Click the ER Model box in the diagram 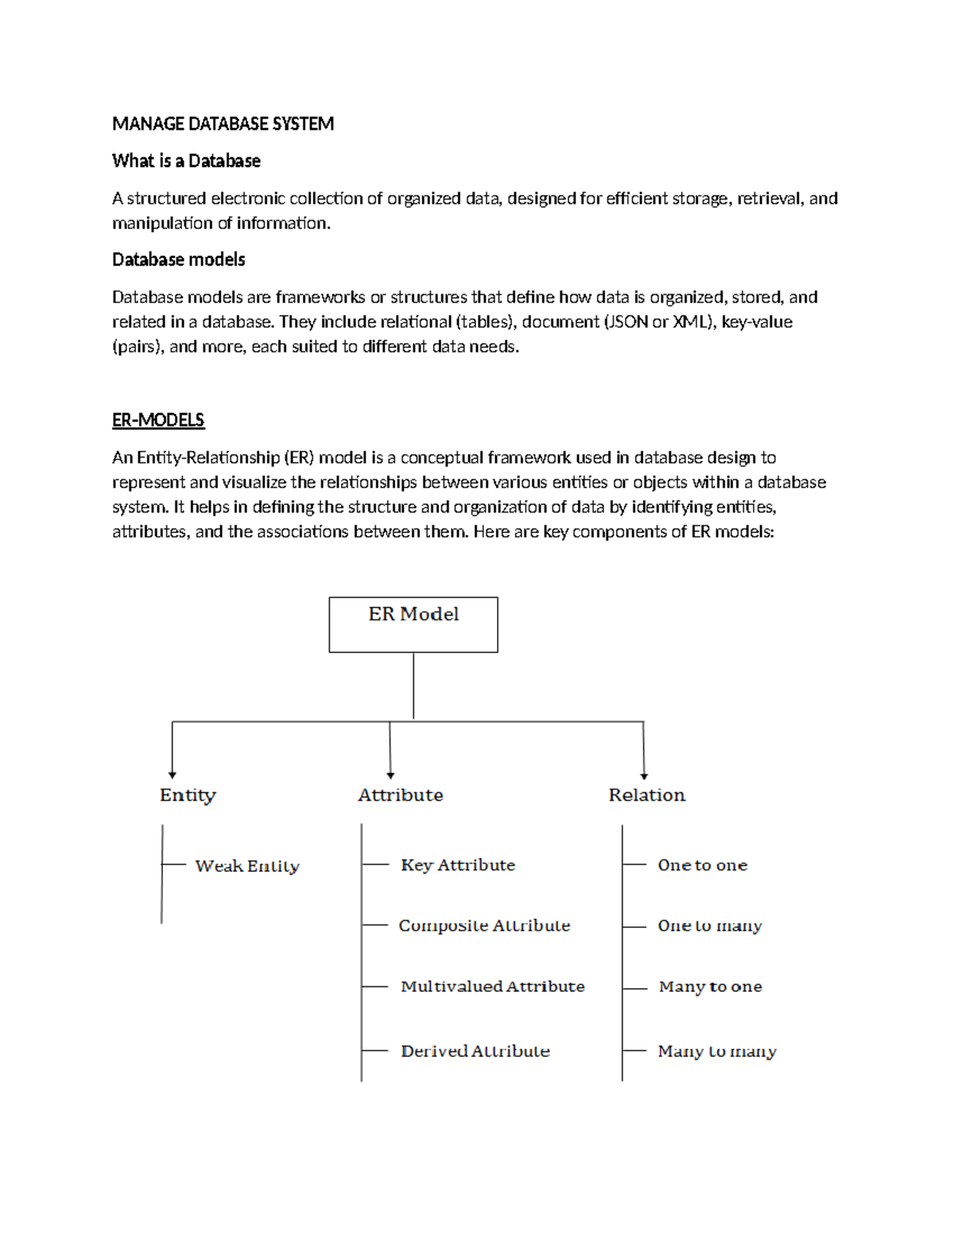coord(413,625)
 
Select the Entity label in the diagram coord(188,795)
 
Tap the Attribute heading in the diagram coord(401,795)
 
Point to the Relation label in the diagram coord(646,795)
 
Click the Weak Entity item coord(247,866)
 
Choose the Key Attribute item coord(458,865)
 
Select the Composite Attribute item coord(484,926)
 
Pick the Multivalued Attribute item coord(493,987)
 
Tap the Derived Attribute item coord(475,1051)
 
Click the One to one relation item coord(703,865)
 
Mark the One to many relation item coord(710,926)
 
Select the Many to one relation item coord(711,987)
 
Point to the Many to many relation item coord(717,1051)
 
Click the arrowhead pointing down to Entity coord(173,775)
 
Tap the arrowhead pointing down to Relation coord(644,776)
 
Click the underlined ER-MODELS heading coord(158,420)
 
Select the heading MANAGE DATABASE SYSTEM coord(223,124)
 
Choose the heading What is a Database coord(186,161)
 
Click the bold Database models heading coord(178,260)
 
